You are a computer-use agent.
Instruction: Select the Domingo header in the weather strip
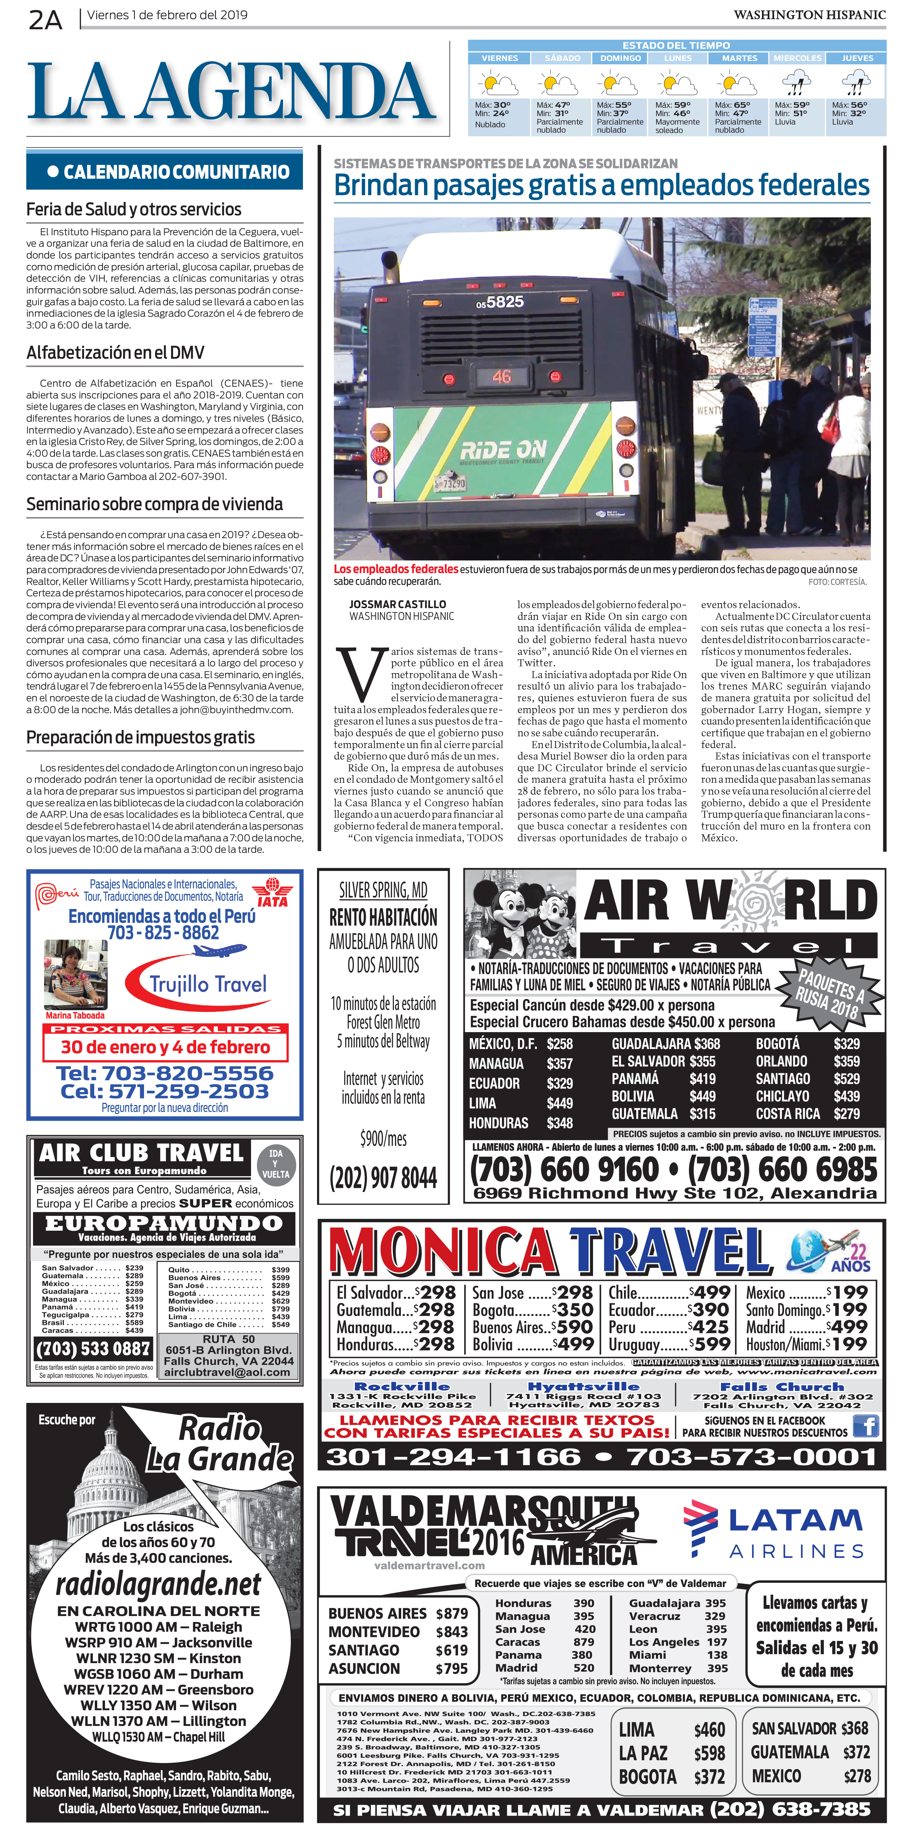620,58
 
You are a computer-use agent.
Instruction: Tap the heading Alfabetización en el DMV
115,353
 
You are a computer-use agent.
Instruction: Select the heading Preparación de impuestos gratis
140,737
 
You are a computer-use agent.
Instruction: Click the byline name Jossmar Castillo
397,605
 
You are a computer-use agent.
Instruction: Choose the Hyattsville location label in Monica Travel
583,1386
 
